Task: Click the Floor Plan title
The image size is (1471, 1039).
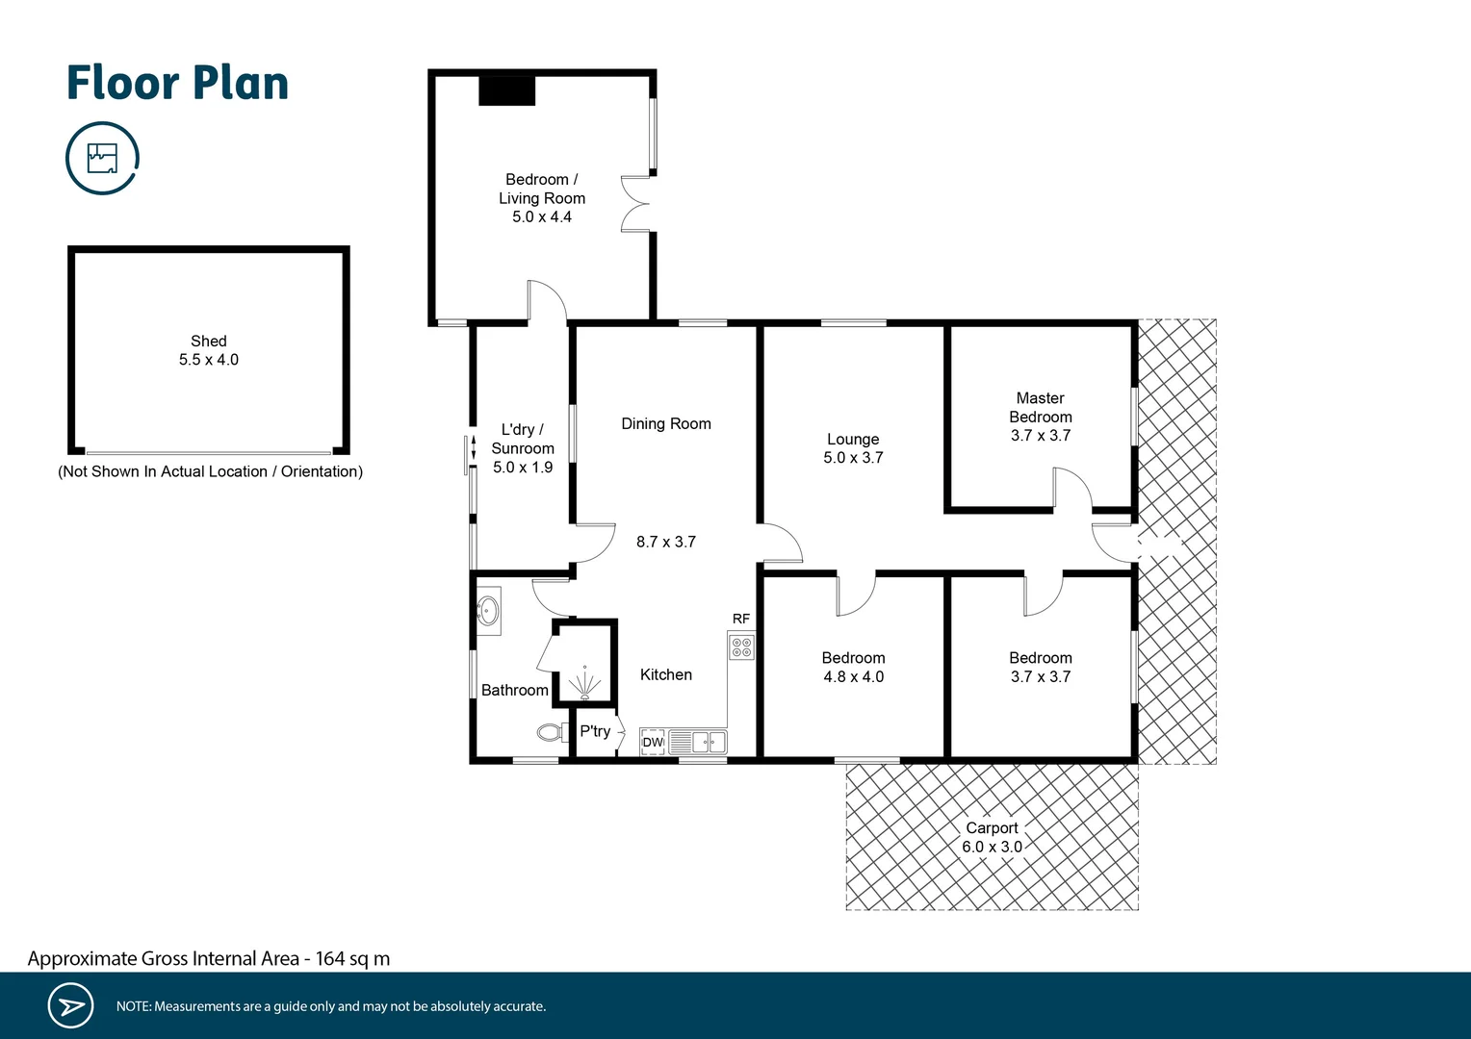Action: click(177, 83)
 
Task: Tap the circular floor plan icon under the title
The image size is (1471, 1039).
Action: click(102, 158)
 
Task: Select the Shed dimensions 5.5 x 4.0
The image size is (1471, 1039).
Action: click(208, 360)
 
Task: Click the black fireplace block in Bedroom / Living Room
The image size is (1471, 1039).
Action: click(507, 90)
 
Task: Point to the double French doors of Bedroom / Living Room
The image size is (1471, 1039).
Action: click(635, 204)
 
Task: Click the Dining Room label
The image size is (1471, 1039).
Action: click(665, 423)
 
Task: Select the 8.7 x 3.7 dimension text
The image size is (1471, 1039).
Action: click(665, 542)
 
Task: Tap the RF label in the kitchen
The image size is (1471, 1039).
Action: click(740, 619)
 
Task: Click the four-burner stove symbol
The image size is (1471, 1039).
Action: click(741, 646)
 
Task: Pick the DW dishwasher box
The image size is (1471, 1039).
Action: click(653, 742)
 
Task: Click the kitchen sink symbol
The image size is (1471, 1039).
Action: click(710, 742)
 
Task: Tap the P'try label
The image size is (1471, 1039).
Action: click(595, 731)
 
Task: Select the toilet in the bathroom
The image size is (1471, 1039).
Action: click(552, 733)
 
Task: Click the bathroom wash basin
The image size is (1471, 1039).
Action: click(489, 610)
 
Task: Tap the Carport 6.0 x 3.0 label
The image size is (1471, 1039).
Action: click(992, 837)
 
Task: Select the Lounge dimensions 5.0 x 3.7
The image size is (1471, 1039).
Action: click(853, 458)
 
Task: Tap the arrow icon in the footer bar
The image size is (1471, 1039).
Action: click(70, 1006)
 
